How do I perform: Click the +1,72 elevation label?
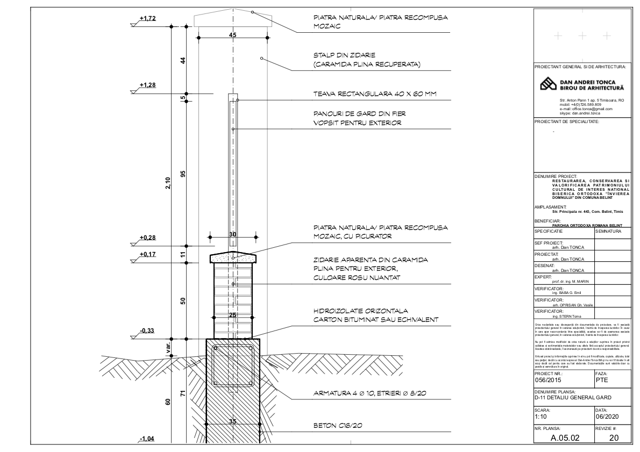(x=147, y=19)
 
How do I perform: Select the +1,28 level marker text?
(x=147, y=85)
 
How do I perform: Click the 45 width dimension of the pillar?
(x=233, y=35)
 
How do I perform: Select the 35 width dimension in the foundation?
(x=233, y=421)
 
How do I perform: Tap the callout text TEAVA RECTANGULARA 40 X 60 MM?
(x=374, y=94)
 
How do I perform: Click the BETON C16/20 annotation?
(x=337, y=426)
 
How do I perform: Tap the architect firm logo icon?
(x=549, y=84)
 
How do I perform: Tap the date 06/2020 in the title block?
(x=606, y=416)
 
